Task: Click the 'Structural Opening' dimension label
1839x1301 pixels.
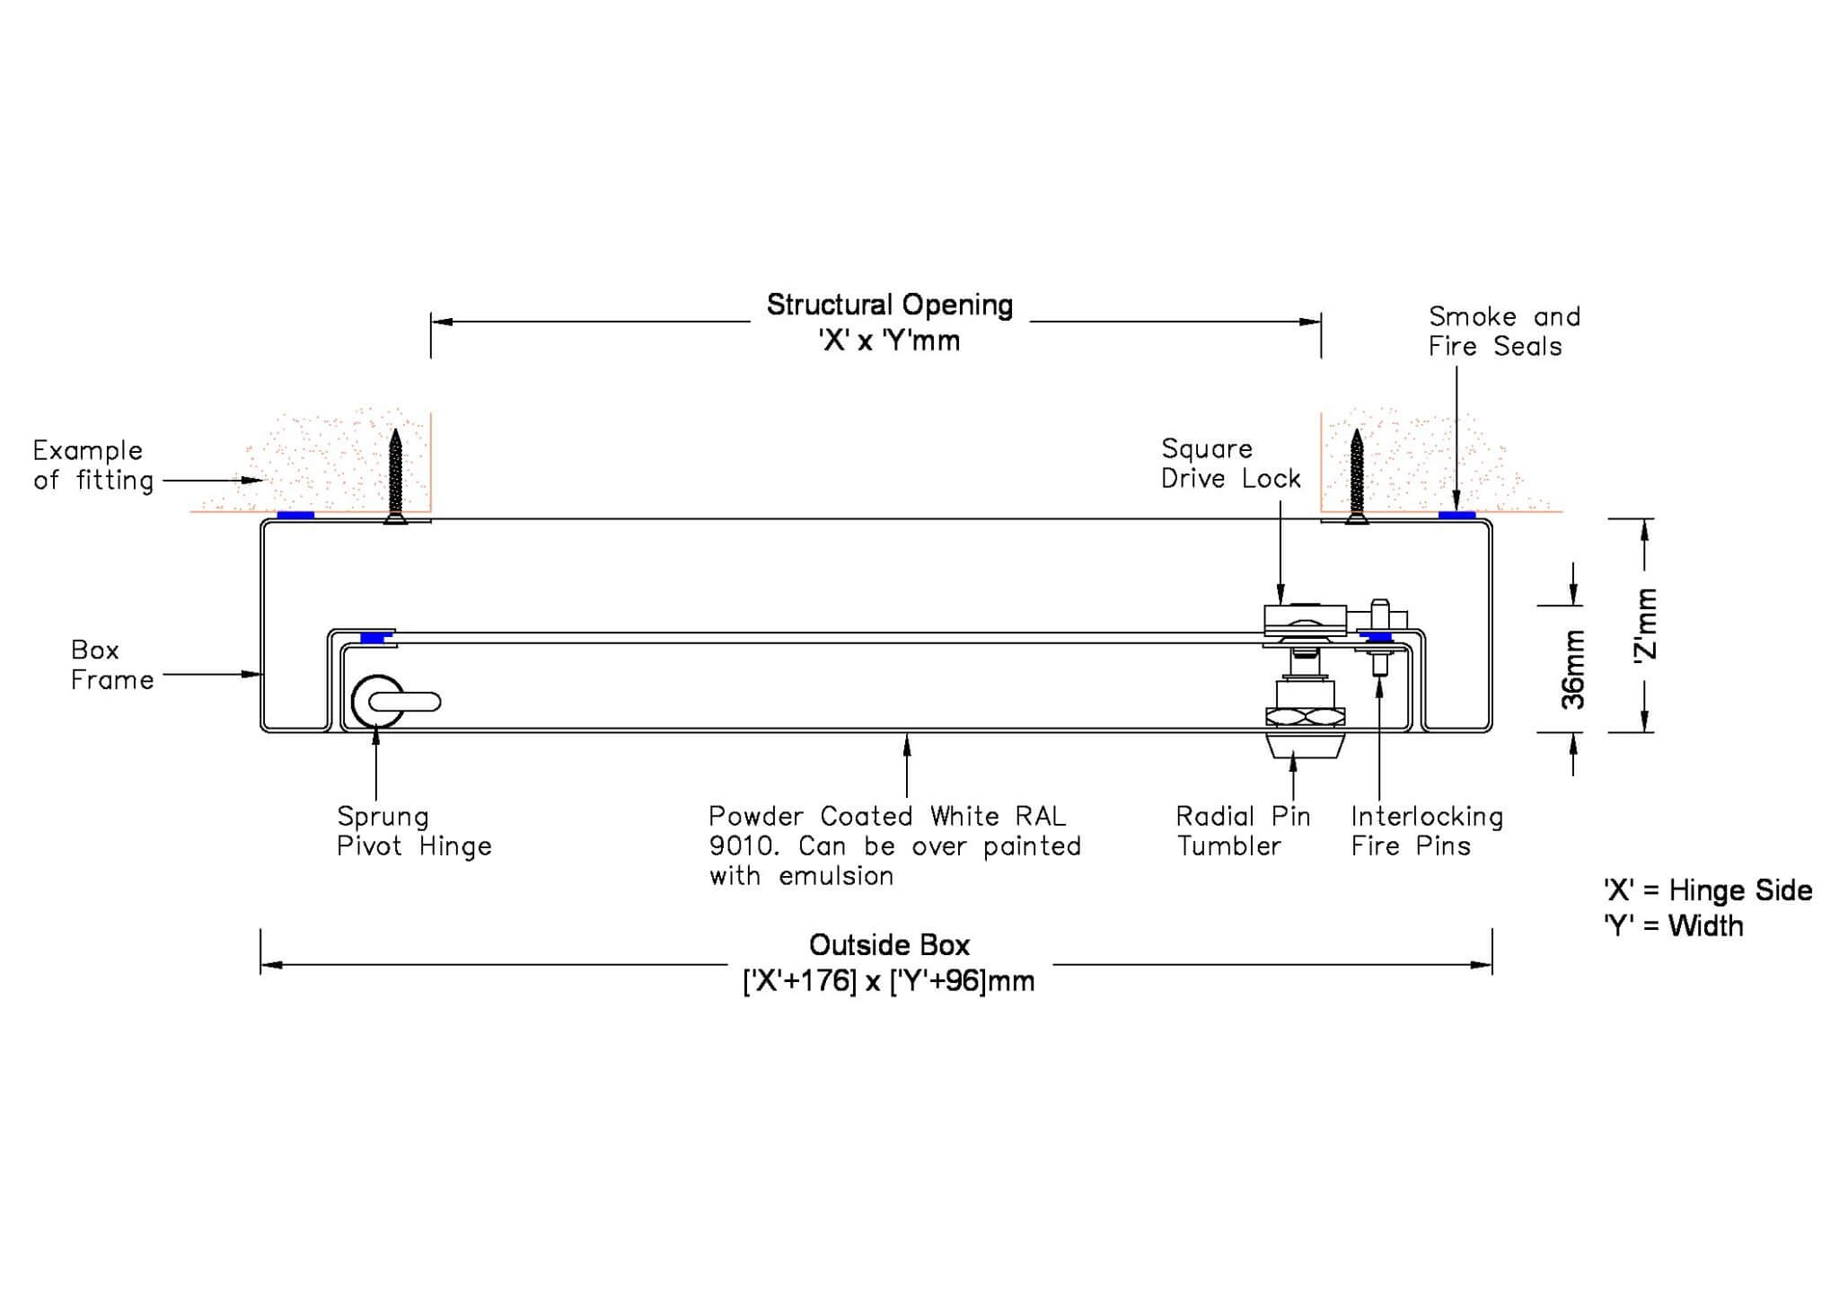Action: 889,305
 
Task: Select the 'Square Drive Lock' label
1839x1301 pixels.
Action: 1229,464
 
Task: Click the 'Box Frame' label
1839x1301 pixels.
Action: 110,665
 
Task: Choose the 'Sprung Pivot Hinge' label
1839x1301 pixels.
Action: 413,831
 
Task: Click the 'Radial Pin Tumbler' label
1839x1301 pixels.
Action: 1243,831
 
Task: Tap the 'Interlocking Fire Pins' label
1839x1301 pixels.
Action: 1426,831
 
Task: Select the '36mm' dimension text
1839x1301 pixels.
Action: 1573,669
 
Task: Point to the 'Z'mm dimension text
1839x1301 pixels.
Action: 1646,625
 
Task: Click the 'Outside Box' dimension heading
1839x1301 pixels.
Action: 889,945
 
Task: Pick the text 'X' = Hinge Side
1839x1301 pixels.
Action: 1707,890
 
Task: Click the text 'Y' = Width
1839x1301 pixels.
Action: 1673,925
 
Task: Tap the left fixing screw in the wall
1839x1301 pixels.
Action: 395,476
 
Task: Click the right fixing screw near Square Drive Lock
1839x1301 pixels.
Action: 1357,476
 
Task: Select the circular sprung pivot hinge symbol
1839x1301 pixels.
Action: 377,702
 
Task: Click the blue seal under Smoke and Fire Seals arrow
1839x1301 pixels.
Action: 1456,515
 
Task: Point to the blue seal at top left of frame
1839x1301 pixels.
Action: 295,515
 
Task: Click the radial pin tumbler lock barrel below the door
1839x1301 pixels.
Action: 1304,745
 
